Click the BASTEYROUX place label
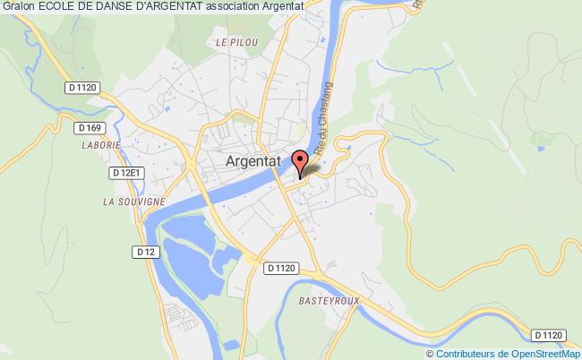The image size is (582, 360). (329, 302)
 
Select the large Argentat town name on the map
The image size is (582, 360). (252, 164)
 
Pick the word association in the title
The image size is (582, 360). (247, 7)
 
